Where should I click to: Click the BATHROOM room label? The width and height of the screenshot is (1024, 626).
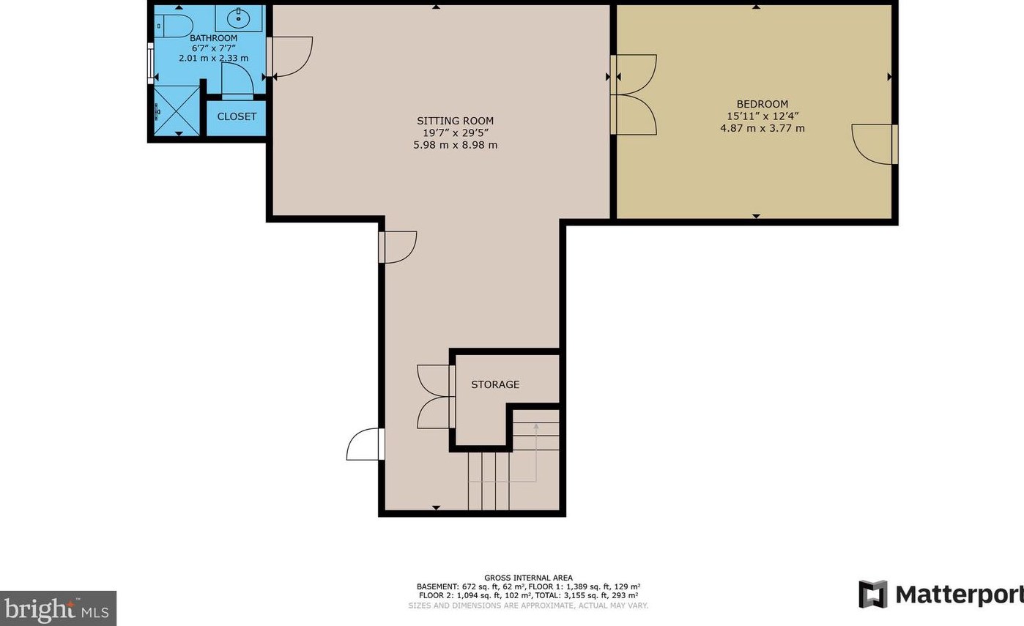click(213, 38)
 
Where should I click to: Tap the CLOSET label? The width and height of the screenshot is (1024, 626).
click(237, 116)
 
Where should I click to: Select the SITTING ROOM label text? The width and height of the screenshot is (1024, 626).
click(455, 121)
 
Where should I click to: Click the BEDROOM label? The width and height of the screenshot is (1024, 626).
click(762, 104)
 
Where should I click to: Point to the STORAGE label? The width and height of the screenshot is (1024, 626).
click(495, 384)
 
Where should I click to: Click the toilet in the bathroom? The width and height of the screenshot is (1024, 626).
click(173, 26)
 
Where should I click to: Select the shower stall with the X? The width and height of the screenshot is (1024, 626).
click(177, 111)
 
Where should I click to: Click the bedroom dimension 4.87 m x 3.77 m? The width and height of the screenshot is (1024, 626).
click(762, 128)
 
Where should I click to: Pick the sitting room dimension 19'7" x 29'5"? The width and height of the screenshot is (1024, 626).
click(455, 133)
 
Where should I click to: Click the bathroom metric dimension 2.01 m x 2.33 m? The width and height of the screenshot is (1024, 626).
click(213, 58)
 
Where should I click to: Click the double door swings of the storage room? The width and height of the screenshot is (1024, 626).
click(434, 396)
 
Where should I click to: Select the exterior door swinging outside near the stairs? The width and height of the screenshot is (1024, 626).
click(364, 444)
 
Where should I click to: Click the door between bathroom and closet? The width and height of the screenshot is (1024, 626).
click(237, 80)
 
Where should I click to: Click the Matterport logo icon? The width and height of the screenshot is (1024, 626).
click(872, 594)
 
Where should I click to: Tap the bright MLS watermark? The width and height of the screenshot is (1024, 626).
click(58, 608)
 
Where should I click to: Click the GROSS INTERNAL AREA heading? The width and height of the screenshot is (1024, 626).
click(528, 578)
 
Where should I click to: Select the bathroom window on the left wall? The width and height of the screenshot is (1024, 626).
click(150, 64)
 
